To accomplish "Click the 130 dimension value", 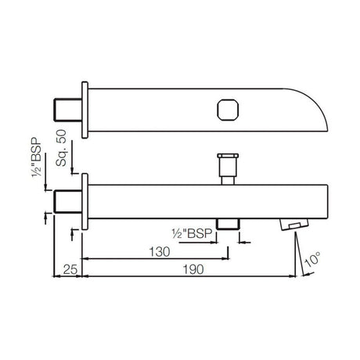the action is [160, 252].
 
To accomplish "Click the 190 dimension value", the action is [193, 269].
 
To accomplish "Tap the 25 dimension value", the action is [70, 269].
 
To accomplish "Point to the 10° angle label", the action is [312, 259].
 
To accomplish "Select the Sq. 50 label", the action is [61, 148].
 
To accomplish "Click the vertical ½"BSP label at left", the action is [37, 157].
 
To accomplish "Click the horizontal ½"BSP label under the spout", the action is [192, 233].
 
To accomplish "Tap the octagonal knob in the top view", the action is [228, 110].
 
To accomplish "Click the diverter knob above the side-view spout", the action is [228, 168].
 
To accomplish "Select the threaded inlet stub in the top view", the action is [68, 110].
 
